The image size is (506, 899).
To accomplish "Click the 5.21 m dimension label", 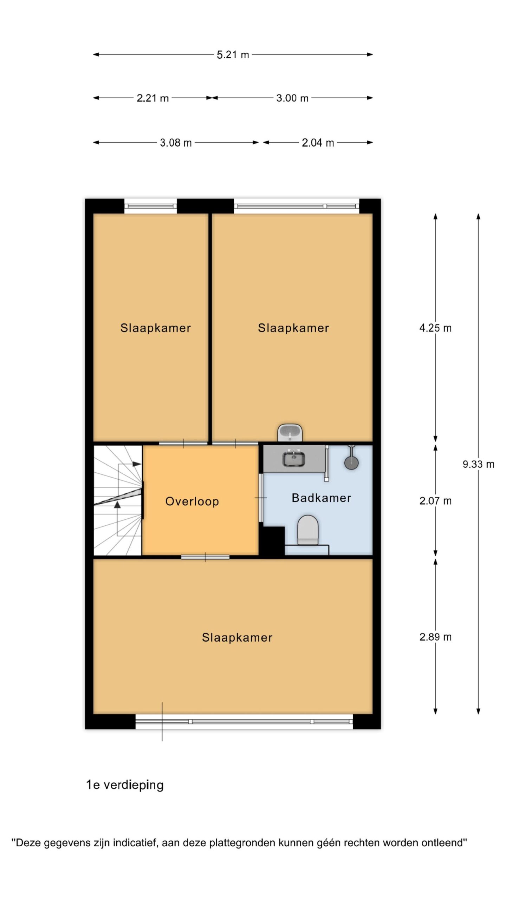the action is click(x=233, y=55).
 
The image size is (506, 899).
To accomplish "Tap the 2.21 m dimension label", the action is click(x=153, y=98).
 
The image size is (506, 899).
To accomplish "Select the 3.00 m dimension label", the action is click(x=292, y=98).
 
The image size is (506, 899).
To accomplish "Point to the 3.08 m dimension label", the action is click(x=176, y=143).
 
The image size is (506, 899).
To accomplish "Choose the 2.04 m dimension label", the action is click(x=318, y=143).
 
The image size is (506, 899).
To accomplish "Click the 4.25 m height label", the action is click(x=435, y=328).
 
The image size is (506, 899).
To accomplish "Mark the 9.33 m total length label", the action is click(x=478, y=464).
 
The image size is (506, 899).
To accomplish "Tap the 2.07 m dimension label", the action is click(x=435, y=501).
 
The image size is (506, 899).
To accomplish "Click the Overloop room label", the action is click(x=192, y=501).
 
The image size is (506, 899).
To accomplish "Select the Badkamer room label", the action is click(x=321, y=498).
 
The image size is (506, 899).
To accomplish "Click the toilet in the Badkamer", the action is click(x=308, y=530).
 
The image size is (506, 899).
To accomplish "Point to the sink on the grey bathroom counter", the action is click(x=293, y=458).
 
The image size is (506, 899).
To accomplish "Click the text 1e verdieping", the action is click(x=125, y=785).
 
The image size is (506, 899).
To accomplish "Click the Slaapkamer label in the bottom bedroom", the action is click(x=237, y=637).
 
